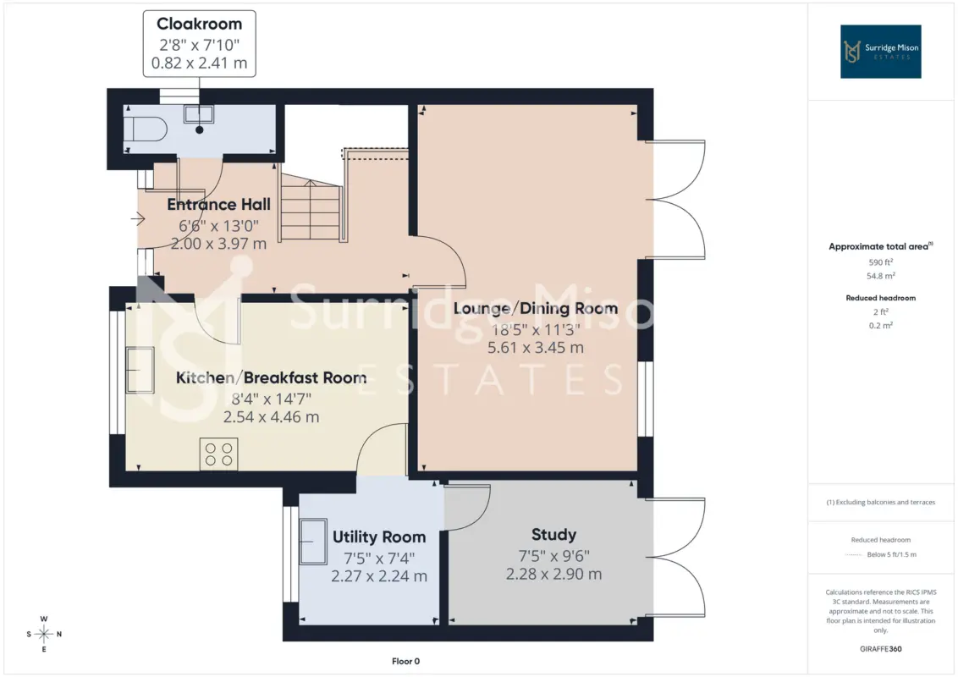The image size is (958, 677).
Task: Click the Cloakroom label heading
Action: [x=199, y=24]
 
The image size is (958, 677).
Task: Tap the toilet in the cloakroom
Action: [x=146, y=129]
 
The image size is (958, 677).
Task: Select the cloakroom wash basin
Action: [x=199, y=114]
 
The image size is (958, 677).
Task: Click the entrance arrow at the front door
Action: [x=137, y=218]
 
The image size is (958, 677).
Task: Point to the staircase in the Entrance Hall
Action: [x=311, y=206]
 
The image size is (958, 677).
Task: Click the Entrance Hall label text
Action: [x=218, y=204]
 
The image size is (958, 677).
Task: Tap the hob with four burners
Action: [x=218, y=454]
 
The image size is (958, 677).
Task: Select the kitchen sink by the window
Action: [x=140, y=370]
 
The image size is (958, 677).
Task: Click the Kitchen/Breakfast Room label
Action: [x=272, y=377]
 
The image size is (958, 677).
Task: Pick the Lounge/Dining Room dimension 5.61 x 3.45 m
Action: [x=535, y=348]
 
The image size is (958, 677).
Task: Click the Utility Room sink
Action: [x=313, y=542]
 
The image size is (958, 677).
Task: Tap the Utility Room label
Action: [x=379, y=537]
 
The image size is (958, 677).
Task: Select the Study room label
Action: [x=553, y=535]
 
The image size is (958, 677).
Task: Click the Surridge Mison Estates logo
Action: [x=880, y=52]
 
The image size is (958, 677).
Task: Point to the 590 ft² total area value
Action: [x=880, y=262]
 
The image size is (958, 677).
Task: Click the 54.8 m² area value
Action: [x=880, y=276]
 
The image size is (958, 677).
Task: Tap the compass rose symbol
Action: [x=44, y=634]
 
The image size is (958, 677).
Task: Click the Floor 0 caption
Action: [x=405, y=661]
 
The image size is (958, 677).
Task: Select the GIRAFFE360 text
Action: [x=880, y=649]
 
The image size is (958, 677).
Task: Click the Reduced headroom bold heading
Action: [x=880, y=298]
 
